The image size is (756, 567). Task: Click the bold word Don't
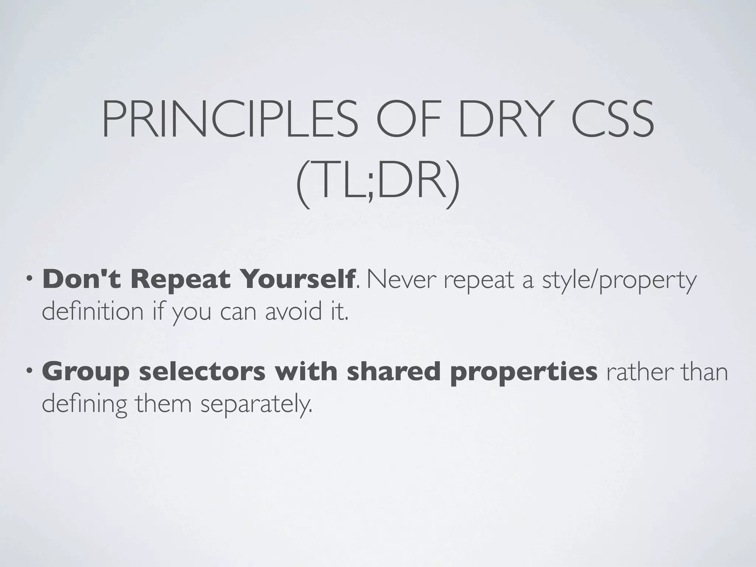(82, 279)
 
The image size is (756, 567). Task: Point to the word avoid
(291, 311)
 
